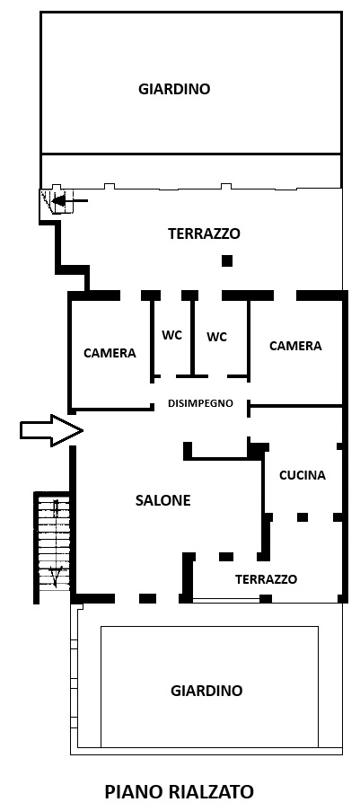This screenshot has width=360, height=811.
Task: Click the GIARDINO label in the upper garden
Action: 174,89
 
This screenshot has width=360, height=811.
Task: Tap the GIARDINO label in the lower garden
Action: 206,691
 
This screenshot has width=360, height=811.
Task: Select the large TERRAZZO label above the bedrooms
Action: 205,234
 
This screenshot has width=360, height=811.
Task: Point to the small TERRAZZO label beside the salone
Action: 267,579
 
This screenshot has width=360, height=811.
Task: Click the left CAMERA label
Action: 110,353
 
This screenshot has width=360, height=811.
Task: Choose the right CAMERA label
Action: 296,346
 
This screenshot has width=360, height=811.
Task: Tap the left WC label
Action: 171,335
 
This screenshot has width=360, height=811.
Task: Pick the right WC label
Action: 216,337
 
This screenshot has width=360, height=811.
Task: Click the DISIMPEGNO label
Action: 201,403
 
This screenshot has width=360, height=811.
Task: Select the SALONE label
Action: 162,500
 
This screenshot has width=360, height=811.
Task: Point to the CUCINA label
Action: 303,475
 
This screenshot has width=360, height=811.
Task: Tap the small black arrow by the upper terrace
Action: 70,200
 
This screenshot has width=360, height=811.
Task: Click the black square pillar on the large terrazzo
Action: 226,260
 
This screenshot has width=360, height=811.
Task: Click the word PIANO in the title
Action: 132,792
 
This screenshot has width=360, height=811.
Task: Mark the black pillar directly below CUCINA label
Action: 303,517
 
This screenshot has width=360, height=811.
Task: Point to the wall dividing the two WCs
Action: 192,336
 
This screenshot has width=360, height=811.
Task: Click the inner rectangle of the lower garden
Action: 209,627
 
